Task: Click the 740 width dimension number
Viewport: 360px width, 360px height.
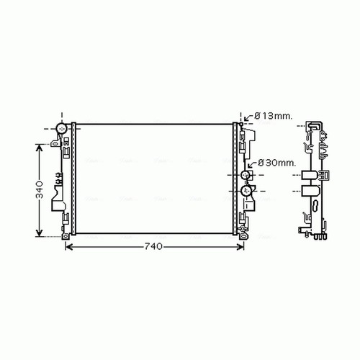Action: tap(153, 246)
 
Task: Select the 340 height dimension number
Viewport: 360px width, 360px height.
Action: tap(40, 190)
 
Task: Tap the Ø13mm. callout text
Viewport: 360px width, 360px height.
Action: tap(274, 116)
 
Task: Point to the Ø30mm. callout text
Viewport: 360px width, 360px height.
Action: tap(276, 163)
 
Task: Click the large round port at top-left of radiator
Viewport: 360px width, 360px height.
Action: tap(61, 129)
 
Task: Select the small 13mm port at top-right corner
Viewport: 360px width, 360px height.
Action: tap(241, 124)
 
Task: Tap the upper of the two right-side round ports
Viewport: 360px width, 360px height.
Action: tap(246, 175)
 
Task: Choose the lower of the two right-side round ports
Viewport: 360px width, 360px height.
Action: tap(246, 191)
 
